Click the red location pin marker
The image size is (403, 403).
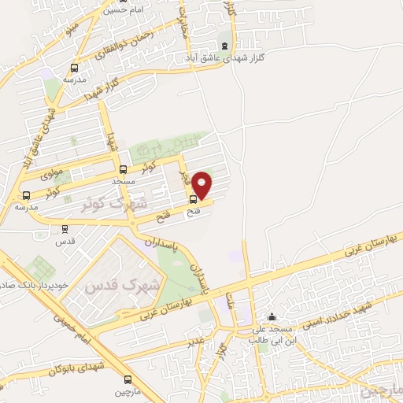tap(203, 185)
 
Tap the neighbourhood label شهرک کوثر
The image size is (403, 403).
tap(115, 202)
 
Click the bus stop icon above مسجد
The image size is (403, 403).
tap(123, 169)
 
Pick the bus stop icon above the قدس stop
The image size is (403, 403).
tap(65, 230)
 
